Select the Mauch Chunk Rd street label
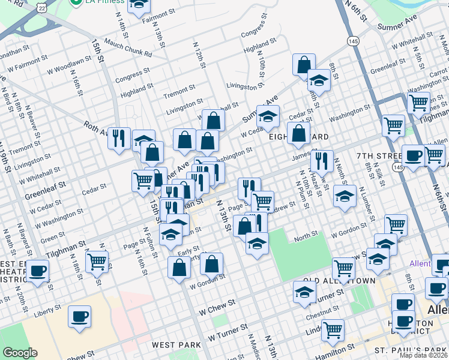(128, 48)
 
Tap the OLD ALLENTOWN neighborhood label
(339, 281)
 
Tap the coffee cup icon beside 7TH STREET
(413, 155)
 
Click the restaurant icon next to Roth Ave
(119, 137)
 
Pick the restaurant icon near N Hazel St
(322, 160)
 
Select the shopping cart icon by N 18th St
(97, 261)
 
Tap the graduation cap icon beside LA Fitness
(139, 5)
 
